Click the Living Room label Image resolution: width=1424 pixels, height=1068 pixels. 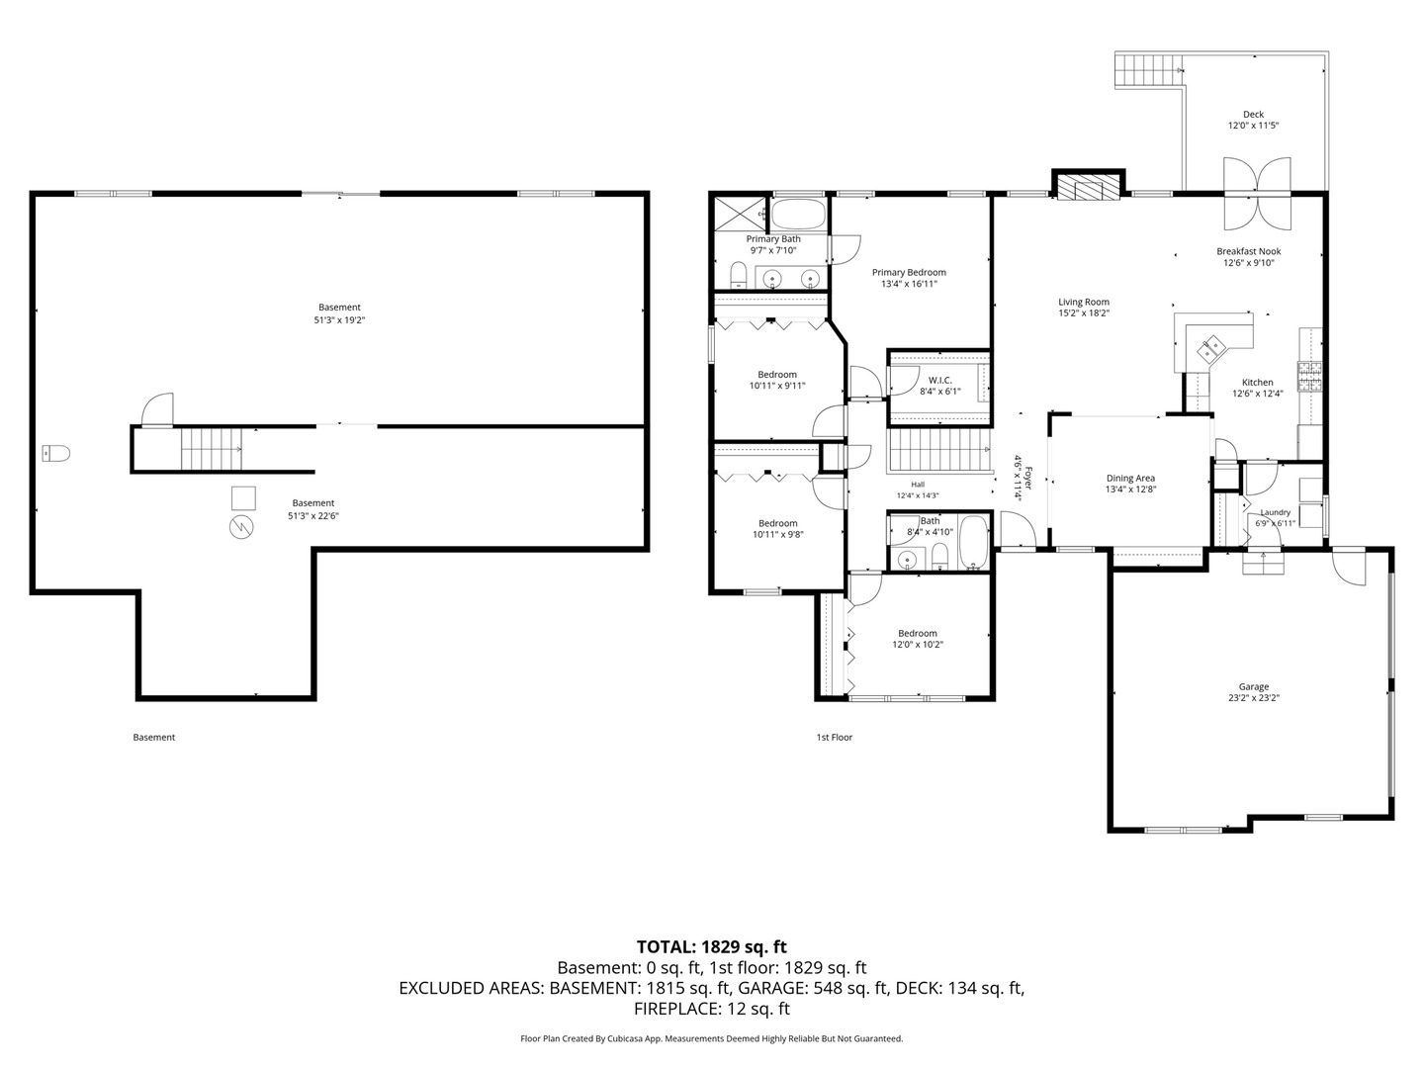pyautogui.click(x=1084, y=302)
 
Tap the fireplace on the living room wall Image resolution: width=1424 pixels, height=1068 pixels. pyautogui.click(x=1088, y=186)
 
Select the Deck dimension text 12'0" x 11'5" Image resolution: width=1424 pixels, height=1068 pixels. pyautogui.click(x=1253, y=126)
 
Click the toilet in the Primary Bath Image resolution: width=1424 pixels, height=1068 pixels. pyautogui.click(x=739, y=275)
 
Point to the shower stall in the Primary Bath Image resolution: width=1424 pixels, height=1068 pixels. pyautogui.click(x=741, y=214)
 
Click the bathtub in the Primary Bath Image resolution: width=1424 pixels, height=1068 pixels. pyautogui.click(x=799, y=215)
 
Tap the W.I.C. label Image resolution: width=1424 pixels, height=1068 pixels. pyautogui.click(x=940, y=380)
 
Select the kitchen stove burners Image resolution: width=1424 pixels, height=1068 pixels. pyautogui.click(x=1310, y=377)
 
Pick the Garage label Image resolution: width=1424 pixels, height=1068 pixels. pyautogui.click(x=1253, y=686)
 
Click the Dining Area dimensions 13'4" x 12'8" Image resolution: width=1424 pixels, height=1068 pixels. pyautogui.click(x=1130, y=489)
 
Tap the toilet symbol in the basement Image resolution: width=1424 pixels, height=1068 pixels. pyautogui.click(x=55, y=453)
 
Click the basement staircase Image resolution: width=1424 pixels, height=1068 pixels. pyautogui.click(x=212, y=449)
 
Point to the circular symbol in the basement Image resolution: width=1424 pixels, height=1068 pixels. pyautogui.click(x=241, y=527)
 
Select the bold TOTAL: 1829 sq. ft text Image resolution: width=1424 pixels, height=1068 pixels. pyautogui.click(x=712, y=946)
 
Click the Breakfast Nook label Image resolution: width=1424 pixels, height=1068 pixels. pyautogui.click(x=1249, y=251)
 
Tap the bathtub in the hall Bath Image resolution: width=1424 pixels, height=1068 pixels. pyautogui.click(x=973, y=542)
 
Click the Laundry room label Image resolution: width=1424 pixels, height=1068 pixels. pyautogui.click(x=1276, y=512)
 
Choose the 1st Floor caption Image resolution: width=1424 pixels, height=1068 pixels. pyautogui.click(x=835, y=738)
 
